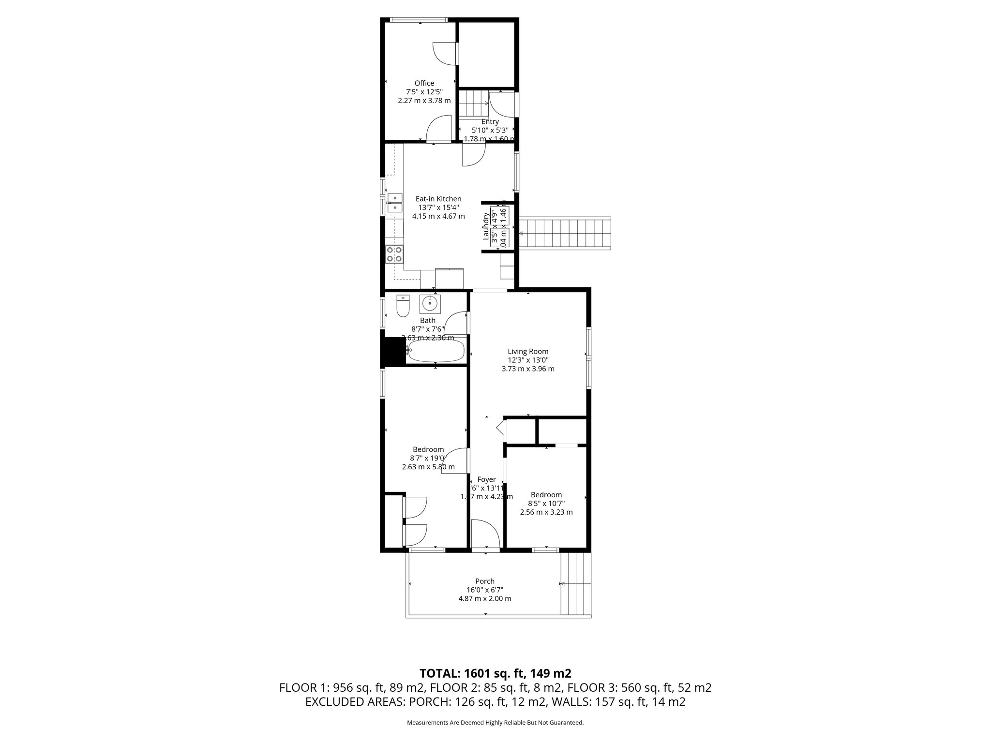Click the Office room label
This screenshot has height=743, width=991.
[424, 83]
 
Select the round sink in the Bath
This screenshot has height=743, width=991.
[429, 304]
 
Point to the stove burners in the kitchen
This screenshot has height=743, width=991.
[394, 254]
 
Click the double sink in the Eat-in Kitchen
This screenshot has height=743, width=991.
[394, 202]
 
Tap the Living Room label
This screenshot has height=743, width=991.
[528, 351]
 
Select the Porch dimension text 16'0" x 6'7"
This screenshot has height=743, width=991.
[484, 590]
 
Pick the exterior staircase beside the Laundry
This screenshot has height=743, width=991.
[565, 234]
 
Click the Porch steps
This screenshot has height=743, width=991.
[576, 584]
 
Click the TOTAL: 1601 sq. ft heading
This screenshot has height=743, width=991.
[495, 673]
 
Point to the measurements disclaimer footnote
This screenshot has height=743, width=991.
[495, 722]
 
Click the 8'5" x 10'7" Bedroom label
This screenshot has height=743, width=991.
[546, 494]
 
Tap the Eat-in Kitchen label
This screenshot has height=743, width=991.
[438, 199]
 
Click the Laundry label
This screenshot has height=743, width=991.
[486, 226]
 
